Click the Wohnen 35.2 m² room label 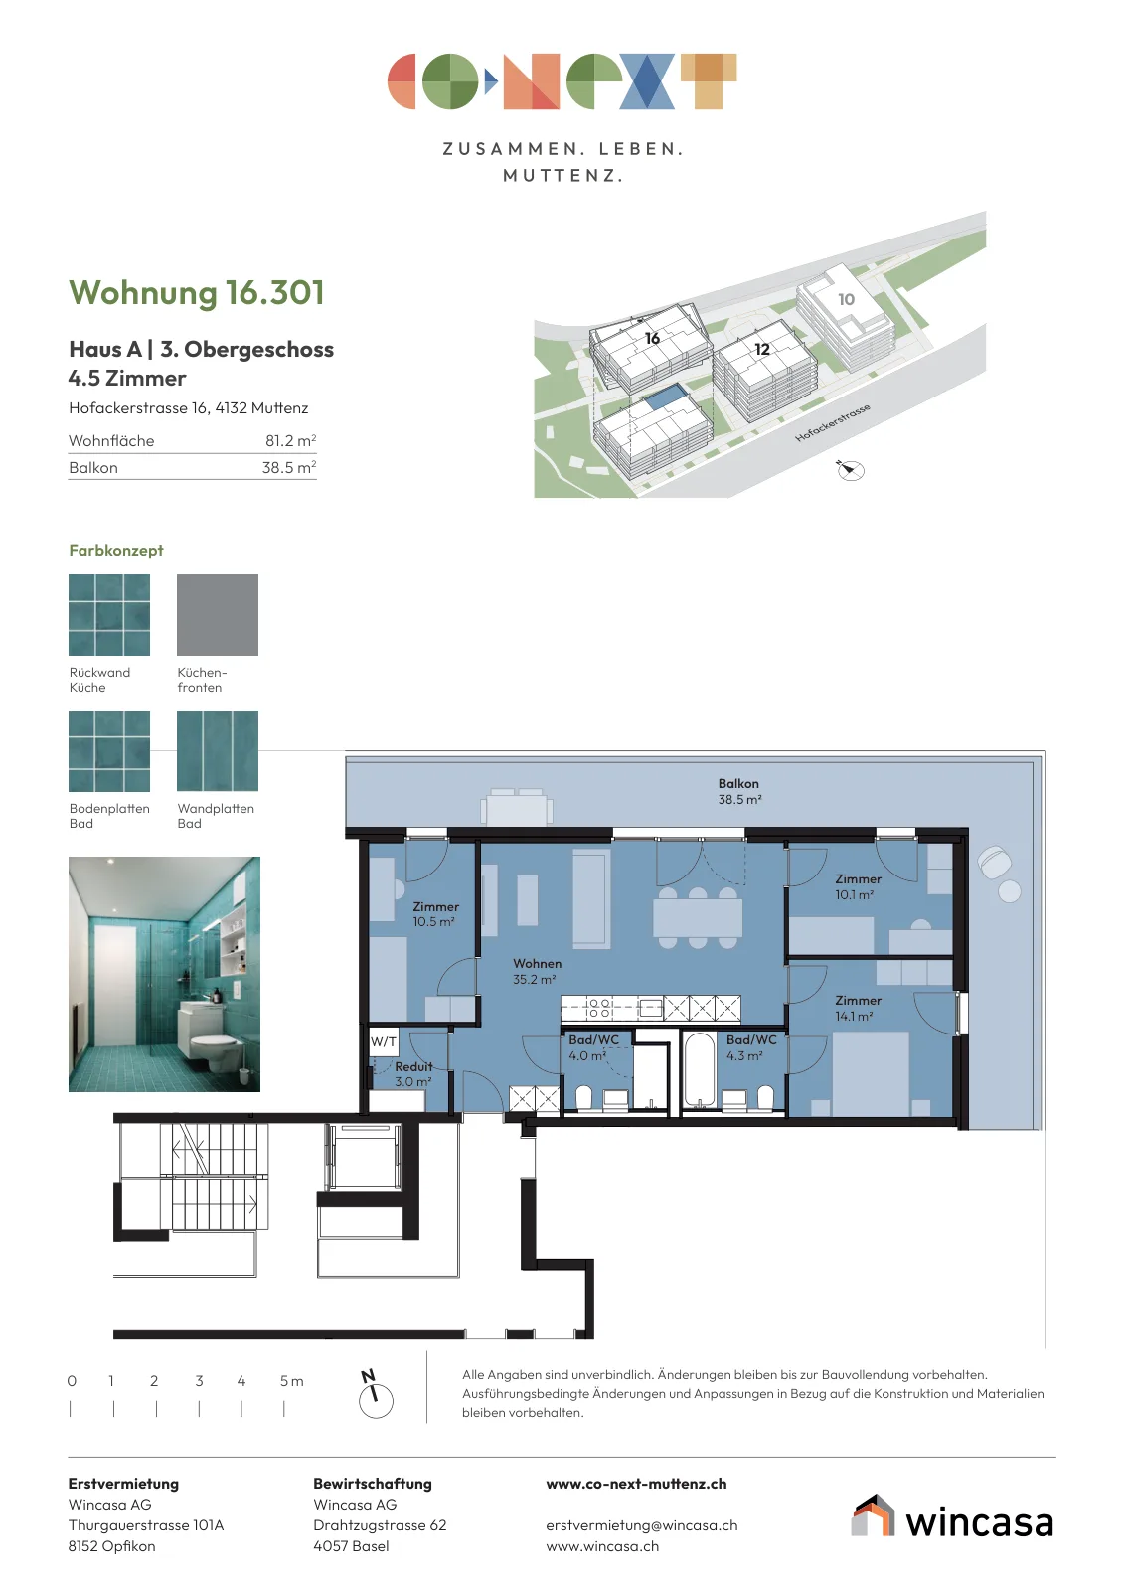[x=537, y=971]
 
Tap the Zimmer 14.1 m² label [x=858, y=1008]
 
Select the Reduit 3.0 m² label [x=413, y=1074]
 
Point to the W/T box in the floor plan [x=384, y=1042]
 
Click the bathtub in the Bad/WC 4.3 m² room [x=699, y=1070]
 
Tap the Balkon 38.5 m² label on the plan [x=738, y=791]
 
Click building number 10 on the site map [x=846, y=299]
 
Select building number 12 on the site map [x=761, y=349]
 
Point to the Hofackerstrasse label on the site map [x=832, y=423]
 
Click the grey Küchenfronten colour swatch [x=218, y=615]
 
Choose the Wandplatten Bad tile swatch [x=218, y=750]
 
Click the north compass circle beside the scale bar [x=377, y=1401]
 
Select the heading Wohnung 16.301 [x=197, y=292]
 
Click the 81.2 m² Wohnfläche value [x=290, y=441]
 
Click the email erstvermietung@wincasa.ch [x=642, y=1525]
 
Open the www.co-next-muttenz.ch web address [x=636, y=1484]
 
